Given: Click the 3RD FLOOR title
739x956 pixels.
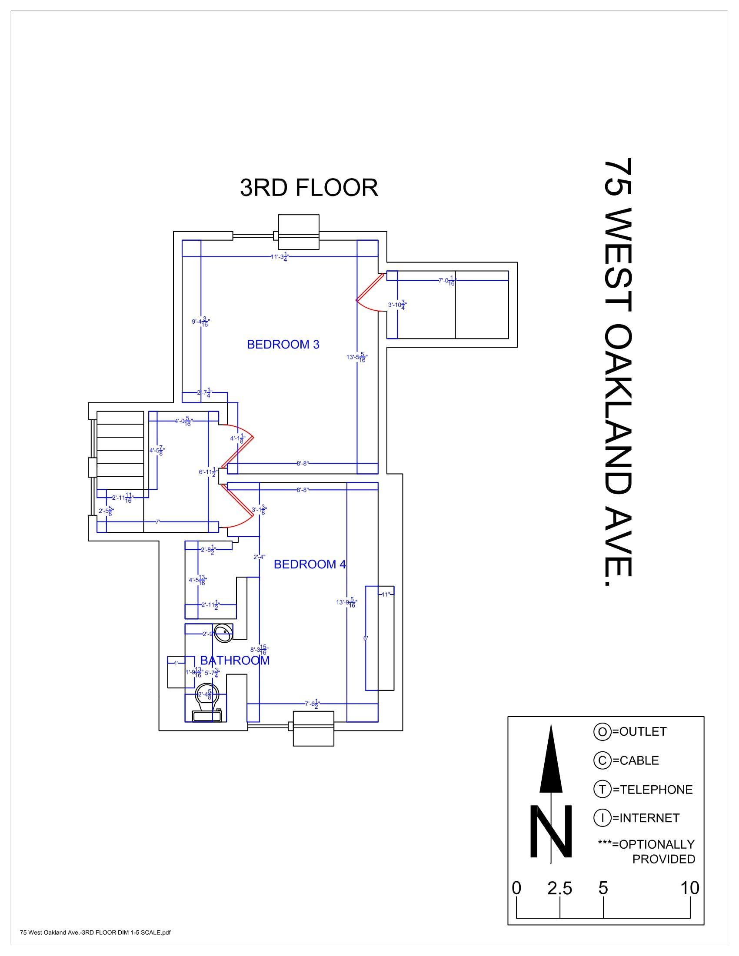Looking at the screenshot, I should pyautogui.click(x=309, y=188).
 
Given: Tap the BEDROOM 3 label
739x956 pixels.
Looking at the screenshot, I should pyautogui.click(x=283, y=345).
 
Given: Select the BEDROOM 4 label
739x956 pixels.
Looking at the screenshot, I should pyautogui.click(x=310, y=564).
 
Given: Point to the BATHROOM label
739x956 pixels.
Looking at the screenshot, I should pyautogui.click(x=235, y=660).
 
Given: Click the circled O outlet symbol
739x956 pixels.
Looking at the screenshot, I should pyautogui.click(x=602, y=731).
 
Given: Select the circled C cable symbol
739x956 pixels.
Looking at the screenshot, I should pyautogui.click(x=602, y=760).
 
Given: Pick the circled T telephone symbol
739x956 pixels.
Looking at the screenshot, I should pyautogui.click(x=602, y=789).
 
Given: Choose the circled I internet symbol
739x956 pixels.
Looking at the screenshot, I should pyautogui.click(x=602, y=818).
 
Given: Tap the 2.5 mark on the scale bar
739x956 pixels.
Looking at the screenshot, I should pyautogui.click(x=559, y=888).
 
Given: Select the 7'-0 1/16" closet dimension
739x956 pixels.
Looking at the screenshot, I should pyautogui.click(x=447, y=281).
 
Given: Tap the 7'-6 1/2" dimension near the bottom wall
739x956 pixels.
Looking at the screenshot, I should pyautogui.click(x=312, y=704).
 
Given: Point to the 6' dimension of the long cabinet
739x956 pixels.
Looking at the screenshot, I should pyautogui.click(x=366, y=638).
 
